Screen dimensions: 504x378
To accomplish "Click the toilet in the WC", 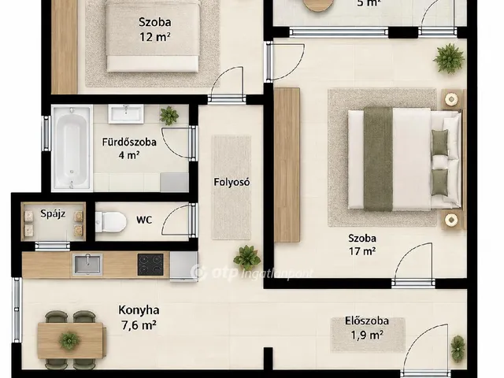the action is click(111, 222).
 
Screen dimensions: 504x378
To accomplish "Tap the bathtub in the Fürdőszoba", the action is click(72, 148).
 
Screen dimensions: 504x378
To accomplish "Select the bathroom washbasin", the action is click(126, 114).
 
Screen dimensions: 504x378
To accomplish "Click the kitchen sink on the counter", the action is click(87, 265).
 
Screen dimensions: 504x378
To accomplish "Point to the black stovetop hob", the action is click(150, 265).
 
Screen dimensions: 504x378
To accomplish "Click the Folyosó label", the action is click(232, 182).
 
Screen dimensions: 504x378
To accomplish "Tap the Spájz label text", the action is click(53, 214).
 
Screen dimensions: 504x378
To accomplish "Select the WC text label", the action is click(144, 220).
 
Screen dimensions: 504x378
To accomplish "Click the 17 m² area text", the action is click(362, 251).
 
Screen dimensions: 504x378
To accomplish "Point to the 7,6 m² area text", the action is click(139, 325).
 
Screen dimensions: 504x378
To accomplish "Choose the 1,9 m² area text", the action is click(367, 335).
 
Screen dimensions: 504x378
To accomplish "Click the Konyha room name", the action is click(139, 310).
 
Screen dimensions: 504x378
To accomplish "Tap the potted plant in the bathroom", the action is click(169, 116).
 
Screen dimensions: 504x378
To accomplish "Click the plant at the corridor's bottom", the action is click(246, 258).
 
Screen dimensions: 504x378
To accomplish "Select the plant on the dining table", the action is click(69, 341).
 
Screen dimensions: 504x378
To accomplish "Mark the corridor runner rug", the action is click(232, 187).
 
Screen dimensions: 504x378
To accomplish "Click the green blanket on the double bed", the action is click(378, 159).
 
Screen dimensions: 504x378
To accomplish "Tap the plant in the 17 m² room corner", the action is click(449, 58).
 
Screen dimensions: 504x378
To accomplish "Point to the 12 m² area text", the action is click(154, 37).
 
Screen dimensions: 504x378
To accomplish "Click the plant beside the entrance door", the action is click(458, 349).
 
